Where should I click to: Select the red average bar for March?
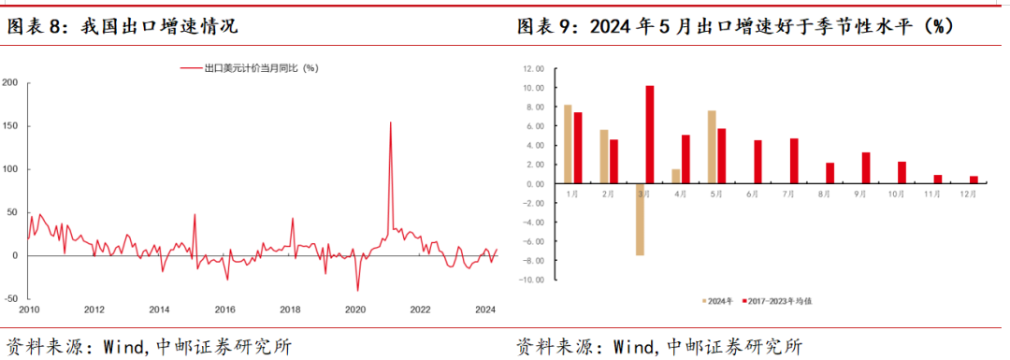[x=650, y=135]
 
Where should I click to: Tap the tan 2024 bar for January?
[x=568, y=144]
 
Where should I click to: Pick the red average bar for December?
[x=974, y=180]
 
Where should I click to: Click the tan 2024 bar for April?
[x=676, y=177]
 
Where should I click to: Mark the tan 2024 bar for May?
[x=712, y=147]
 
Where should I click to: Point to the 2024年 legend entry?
[x=719, y=302]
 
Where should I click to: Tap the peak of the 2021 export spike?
[x=390, y=122]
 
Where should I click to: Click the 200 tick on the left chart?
[x=10, y=82]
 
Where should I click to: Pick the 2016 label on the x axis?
[x=224, y=310]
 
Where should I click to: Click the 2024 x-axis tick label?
[x=485, y=310]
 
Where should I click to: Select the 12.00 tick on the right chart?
[x=534, y=68]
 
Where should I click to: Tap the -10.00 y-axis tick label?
[x=532, y=280]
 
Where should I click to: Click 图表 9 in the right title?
[x=546, y=27]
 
